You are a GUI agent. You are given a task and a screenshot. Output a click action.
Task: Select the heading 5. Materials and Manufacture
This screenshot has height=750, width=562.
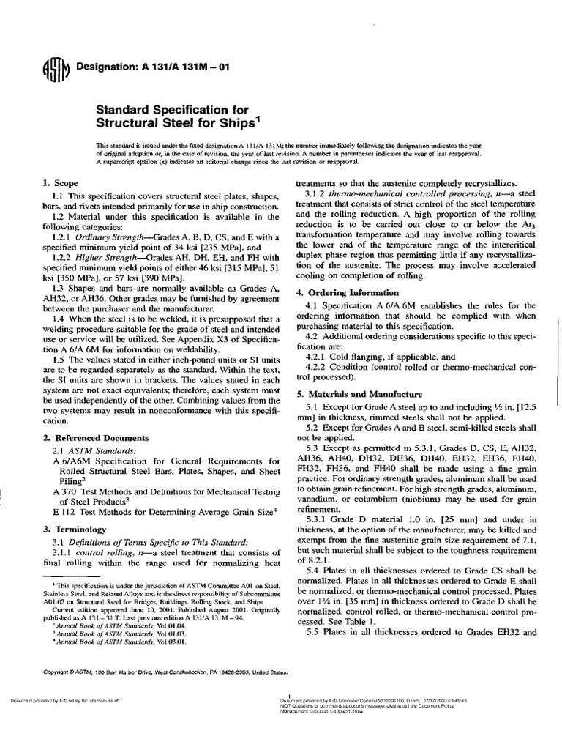pos(359,393)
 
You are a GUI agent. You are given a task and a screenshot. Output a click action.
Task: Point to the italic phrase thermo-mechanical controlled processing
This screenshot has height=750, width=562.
pos(391,193)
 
